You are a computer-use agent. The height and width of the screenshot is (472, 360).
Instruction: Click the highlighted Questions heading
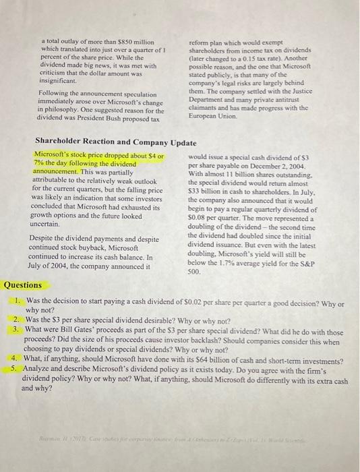(x=23, y=285)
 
